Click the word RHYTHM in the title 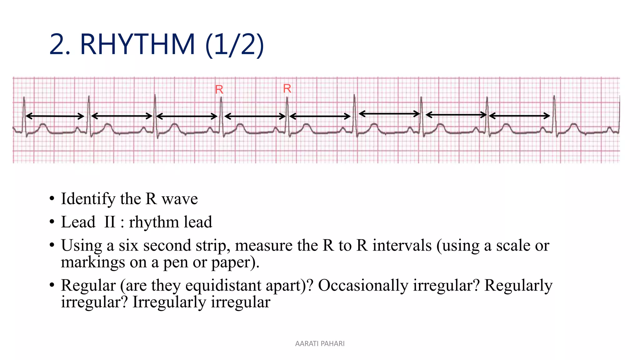click(137, 44)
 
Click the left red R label click(219, 90)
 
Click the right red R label click(287, 88)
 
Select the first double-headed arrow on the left click(55, 116)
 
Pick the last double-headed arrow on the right click(519, 116)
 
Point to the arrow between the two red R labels click(255, 117)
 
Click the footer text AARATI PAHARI click(320, 343)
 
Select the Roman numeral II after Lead click(110, 222)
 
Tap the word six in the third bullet click(128, 245)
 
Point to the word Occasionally click(363, 285)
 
